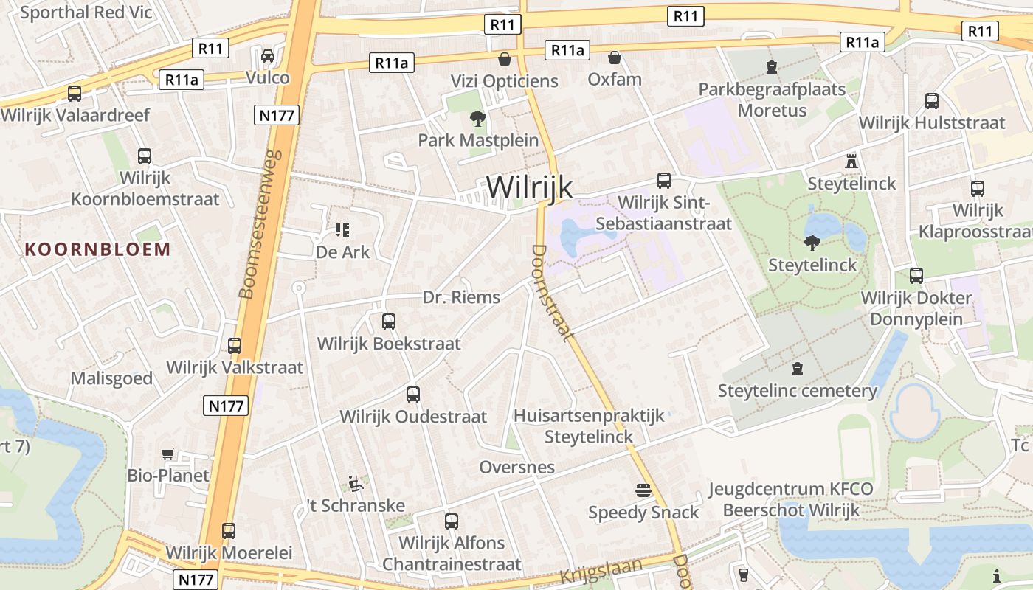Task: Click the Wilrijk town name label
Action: [529, 187]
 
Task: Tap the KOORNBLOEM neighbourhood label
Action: [97, 249]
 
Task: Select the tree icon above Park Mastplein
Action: [478, 118]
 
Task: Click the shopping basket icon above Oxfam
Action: [614, 58]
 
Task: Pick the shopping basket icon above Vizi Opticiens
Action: [505, 59]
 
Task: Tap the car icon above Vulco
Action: [267, 56]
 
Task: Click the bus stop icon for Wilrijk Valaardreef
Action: [75, 94]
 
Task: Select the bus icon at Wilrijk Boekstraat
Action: [389, 322]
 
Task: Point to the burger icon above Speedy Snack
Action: [643, 490]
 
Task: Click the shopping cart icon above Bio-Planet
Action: [168, 454]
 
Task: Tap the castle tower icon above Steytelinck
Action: [851, 161]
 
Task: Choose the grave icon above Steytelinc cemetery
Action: [797, 368]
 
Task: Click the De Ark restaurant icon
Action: [342, 230]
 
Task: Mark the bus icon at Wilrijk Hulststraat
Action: [932, 101]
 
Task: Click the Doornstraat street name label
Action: [551, 293]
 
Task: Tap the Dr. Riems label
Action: [461, 297]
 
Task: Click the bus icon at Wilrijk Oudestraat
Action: [413, 395]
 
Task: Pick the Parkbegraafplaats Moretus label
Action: [772, 100]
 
